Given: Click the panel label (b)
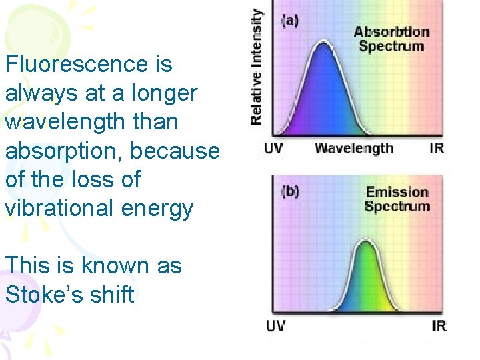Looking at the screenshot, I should pos(290,191).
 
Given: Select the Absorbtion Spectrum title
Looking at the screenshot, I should pos(391,39).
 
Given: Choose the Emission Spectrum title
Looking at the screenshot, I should pos(397,199).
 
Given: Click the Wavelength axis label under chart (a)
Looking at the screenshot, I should pos(353,148).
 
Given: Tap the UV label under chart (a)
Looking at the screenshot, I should pos(273,148).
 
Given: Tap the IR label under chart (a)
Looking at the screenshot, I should pos(437,148).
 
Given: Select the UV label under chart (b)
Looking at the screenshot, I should pos(276,326).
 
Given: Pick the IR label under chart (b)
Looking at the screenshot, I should pos(439,326).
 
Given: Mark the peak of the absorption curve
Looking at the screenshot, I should pos(323,43).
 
